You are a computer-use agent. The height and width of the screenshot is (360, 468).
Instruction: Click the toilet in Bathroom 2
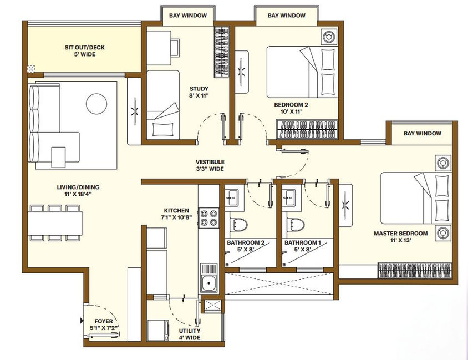[x=238, y=224]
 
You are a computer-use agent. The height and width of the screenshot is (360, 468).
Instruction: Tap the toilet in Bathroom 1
[x=296, y=224]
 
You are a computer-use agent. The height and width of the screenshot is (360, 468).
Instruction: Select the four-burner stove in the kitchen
[x=208, y=218]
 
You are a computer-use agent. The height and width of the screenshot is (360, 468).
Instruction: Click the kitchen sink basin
[x=208, y=283]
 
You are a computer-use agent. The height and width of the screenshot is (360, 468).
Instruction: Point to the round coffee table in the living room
[x=96, y=104]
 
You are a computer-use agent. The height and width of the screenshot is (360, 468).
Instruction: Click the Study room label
[x=199, y=92]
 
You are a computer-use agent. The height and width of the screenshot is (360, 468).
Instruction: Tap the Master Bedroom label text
[x=400, y=236]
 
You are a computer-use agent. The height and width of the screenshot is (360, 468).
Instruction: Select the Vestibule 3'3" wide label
[x=210, y=165]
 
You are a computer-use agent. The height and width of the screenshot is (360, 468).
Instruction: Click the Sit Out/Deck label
[x=85, y=50]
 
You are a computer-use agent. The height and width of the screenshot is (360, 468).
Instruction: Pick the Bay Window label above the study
[x=188, y=16]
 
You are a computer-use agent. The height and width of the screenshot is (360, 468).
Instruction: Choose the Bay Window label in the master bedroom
[x=423, y=134]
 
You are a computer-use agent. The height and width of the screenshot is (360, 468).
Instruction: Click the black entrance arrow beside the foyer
[x=82, y=321]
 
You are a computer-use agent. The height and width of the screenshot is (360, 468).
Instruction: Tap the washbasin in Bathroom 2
[x=232, y=197]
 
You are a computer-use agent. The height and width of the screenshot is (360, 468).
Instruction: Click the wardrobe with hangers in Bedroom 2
[x=307, y=129]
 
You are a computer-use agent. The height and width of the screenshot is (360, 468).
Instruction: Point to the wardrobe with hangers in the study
[x=222, y=52]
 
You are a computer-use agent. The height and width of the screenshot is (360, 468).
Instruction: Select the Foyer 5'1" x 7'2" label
[x=104, y=324]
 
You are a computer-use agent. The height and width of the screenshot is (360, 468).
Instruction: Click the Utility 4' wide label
[x=190, y=334]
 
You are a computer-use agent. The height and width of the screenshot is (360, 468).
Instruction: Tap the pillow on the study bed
[x=162, y=130]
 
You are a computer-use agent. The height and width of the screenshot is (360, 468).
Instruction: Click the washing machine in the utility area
[x=158, y=330]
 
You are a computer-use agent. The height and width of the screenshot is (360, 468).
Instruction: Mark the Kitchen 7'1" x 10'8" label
[x=176, y=214]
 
